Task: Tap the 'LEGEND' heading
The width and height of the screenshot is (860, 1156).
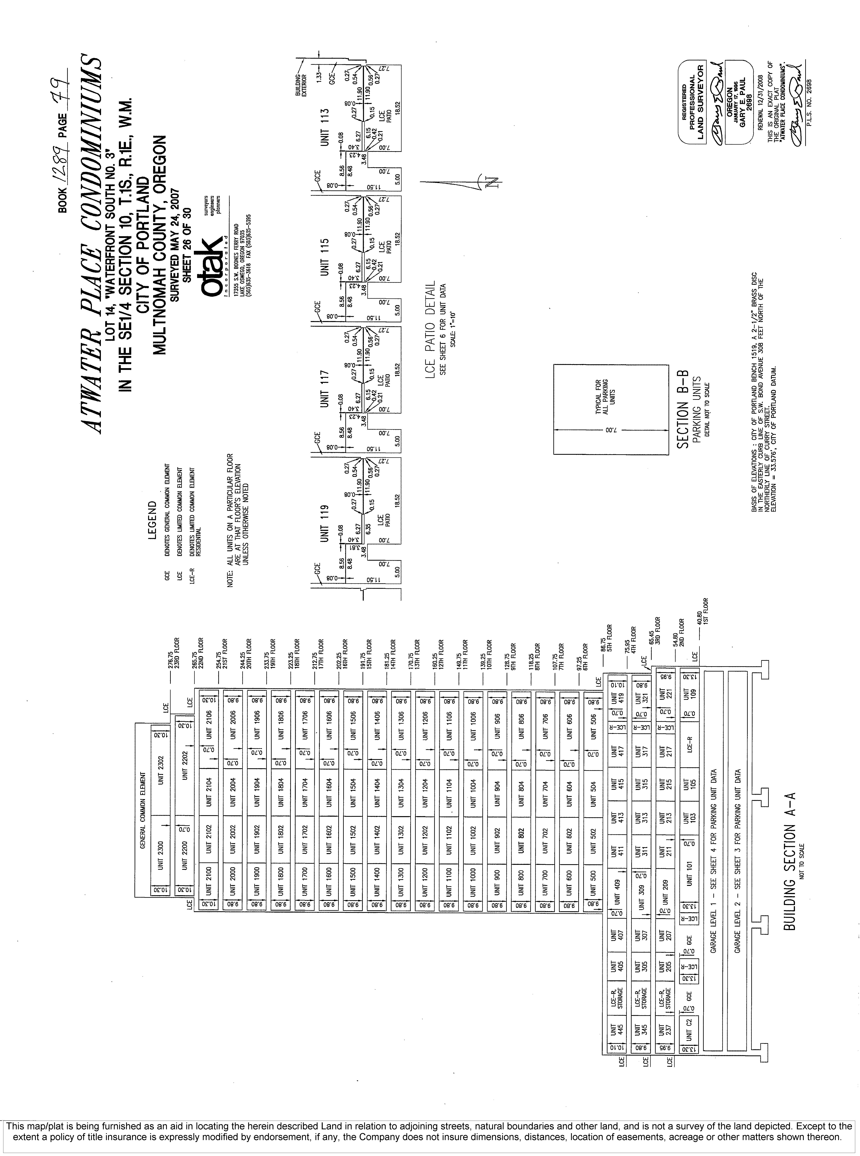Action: pyautogui.click(x=153, y=521)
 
